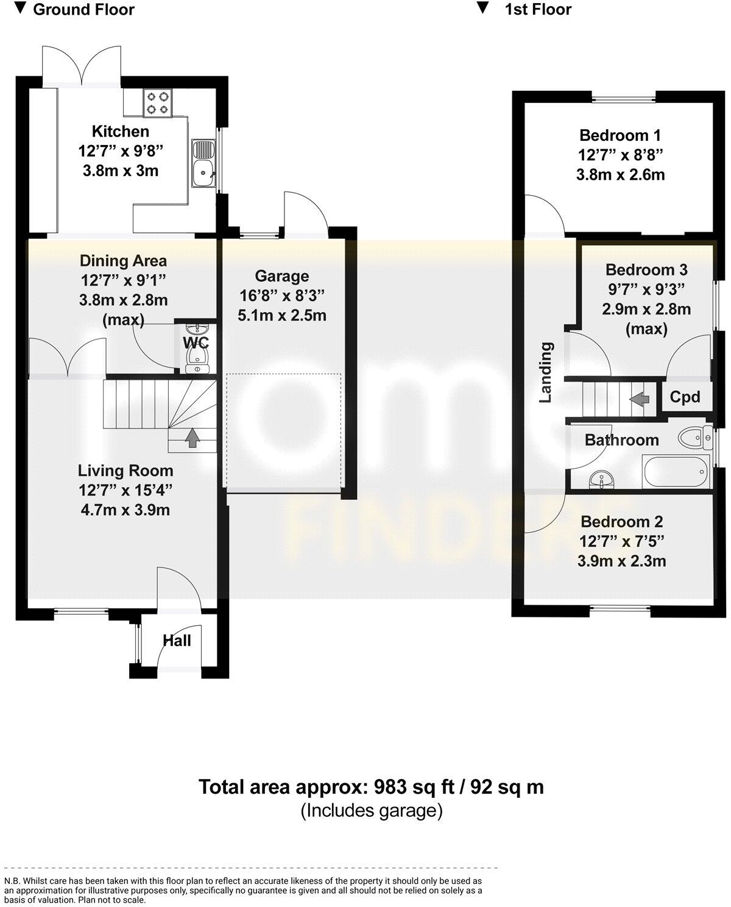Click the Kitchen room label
click(120, 131)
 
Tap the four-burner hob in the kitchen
click(158, 103)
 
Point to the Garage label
click(281, 276)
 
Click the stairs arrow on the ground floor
click(192, 437)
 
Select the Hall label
click(177, 641)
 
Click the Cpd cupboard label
click(685, 397)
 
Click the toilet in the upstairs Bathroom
click(693, 438)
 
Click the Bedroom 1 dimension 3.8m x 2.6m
click(620, 175)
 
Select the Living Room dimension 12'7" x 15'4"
click(125, 490)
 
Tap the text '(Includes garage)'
click(371, 811)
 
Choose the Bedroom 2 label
click(621, 522)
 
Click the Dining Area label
click(123, 261)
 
